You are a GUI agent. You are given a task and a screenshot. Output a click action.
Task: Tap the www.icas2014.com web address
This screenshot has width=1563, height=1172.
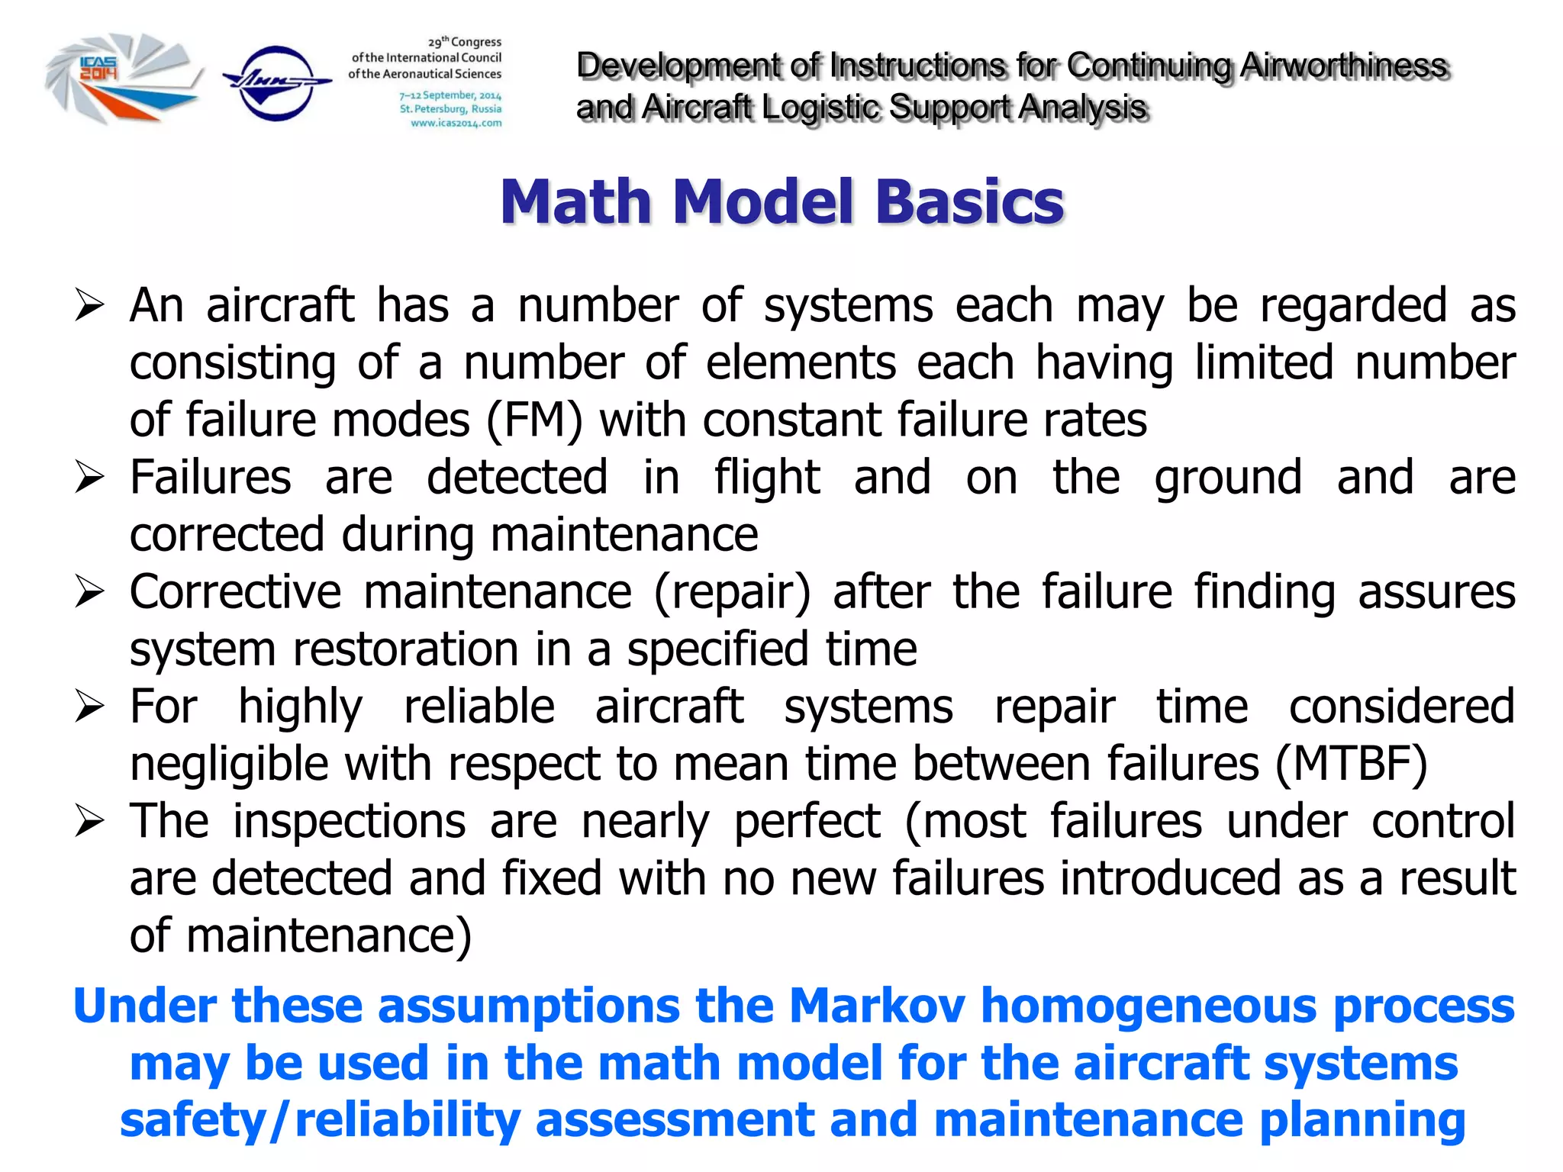tap(456, 123)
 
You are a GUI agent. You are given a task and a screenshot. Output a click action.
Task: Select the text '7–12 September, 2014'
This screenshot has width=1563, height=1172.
tap(450, 95)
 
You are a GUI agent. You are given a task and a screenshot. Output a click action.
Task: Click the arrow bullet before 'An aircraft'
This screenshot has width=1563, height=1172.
tap(89, 307)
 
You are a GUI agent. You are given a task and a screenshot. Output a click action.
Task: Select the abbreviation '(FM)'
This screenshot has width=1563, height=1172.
tap(533, 420)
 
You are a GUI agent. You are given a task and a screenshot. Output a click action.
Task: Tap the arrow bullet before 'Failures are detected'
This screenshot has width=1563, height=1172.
tap(89, 479)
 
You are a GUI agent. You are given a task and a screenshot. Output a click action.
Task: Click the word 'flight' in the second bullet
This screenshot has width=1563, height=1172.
tap(766, 479)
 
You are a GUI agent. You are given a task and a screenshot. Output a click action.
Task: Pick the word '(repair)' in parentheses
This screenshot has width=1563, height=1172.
tap(732, 594)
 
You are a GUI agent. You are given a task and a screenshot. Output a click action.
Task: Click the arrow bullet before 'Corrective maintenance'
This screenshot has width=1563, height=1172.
tap(89, 594)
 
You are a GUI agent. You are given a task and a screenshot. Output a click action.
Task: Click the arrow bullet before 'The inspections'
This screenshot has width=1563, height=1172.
tap(89, 823)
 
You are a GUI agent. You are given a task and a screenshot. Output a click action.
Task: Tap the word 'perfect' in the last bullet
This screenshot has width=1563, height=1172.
tap(807, 823)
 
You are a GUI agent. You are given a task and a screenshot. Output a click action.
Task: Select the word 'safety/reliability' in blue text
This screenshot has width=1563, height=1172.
tap(320, 1120)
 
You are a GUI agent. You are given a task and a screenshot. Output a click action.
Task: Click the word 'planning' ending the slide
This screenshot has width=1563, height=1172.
tap(1362, 1120)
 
